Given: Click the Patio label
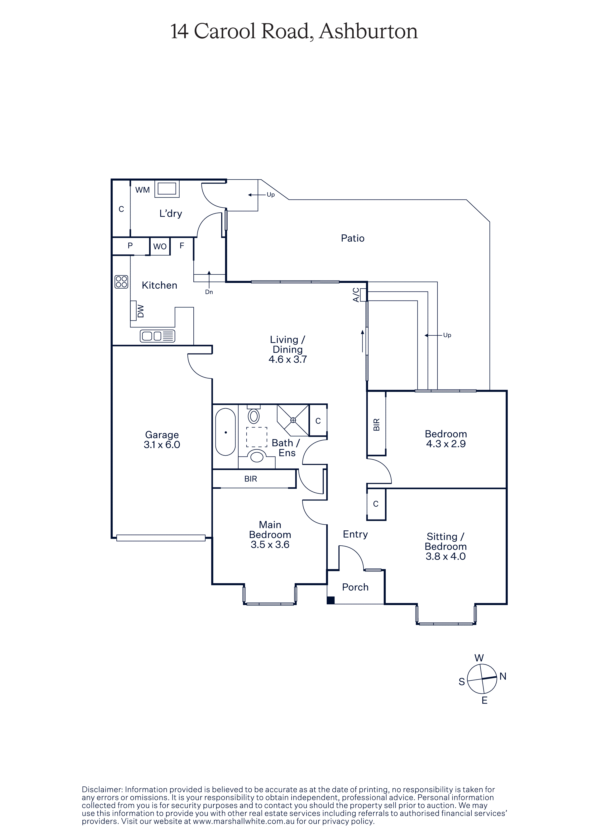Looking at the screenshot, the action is [x=352, y=238].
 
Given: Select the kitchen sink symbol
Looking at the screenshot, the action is [x=158, y=336].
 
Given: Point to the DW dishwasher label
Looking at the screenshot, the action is [x=141, y=311].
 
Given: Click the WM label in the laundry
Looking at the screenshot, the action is [x=143, y=190].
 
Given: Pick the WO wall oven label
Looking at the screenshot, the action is [x=160, y=247].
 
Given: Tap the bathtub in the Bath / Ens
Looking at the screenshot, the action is [x=225, y=432].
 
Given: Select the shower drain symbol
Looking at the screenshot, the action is [x=293, y=420].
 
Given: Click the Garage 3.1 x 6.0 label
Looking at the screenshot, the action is [x=162, y=440].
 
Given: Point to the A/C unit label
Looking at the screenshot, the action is [x=356, y=295].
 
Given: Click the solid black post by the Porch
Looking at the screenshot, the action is [x=330, y=601].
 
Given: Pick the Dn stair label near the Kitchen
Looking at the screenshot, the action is [x=209, y=292].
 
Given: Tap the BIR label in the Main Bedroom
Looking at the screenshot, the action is [x=251, y=479].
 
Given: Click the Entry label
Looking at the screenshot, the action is [x=355, y=534].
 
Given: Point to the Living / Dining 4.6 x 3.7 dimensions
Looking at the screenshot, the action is [x=288, y=359].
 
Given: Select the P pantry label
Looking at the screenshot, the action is [x=130, y=246].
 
